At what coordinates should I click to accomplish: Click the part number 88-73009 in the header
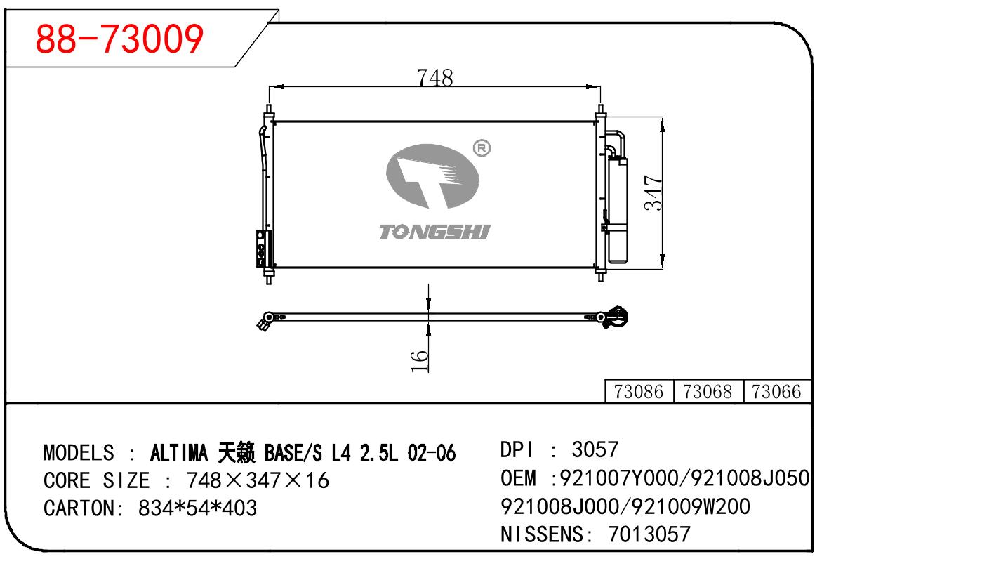coord(119,39)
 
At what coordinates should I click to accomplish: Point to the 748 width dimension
coord(434,78)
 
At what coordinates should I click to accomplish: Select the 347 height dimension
coord(654,192)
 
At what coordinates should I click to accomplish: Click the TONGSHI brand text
coord(434,232)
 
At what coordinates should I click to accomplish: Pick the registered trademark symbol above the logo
coord(482,148)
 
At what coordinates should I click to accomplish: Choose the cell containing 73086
coord(638,392)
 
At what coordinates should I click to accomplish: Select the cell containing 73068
coord(708,392)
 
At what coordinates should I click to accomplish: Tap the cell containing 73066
coord(776,392)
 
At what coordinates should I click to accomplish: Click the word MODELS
coord(79,453)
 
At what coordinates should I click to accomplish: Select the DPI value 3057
coord(595,449)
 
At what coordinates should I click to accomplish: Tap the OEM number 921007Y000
coord(618,479)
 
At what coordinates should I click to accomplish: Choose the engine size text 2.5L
coord(378,453)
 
